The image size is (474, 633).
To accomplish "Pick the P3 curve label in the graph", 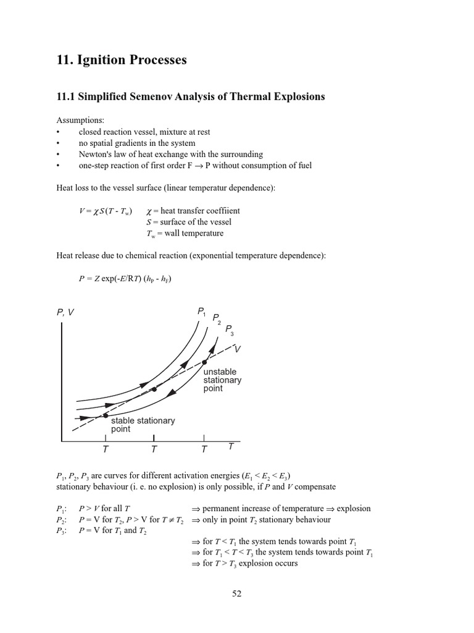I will pyautogui.click(x=229, y=329).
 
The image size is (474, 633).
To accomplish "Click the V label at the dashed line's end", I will pyautogui.click(x=238, y=349).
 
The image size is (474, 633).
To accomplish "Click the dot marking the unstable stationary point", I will pyautogui.click(x=204, y=362).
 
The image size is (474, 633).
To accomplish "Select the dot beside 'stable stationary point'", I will pyautogui.click(x=106, y=415).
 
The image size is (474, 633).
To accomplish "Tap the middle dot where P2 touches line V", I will pyautogui.click(x=154, y=389).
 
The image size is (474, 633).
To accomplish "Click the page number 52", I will pyautogui.click(x=237, y=593).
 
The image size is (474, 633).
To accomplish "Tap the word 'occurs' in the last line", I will pyautogui.click(x=286, y=563).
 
